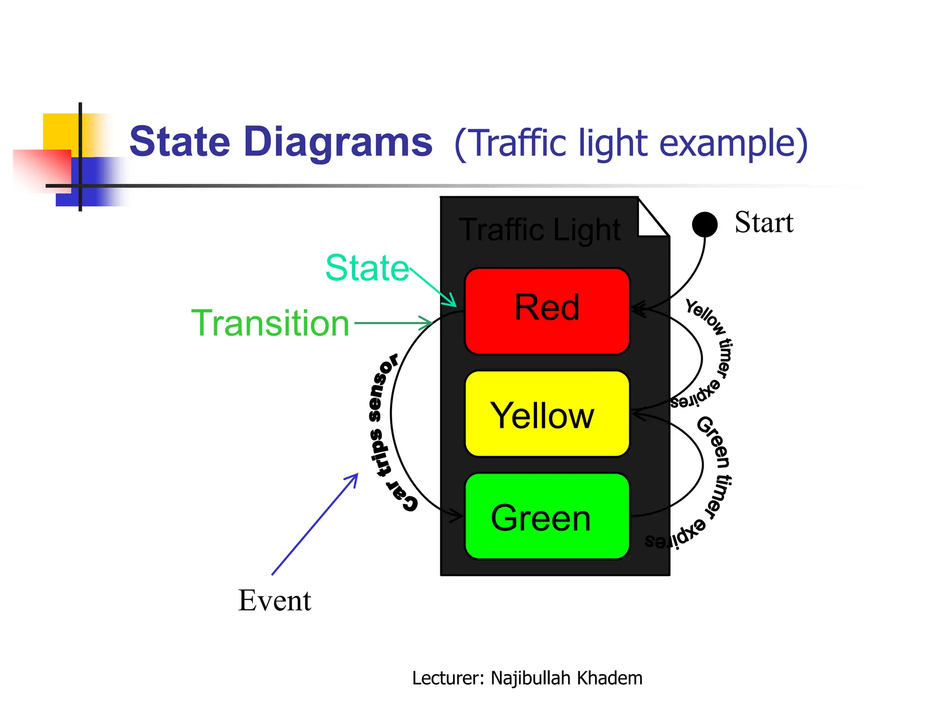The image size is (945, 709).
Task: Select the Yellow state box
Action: (547, 414)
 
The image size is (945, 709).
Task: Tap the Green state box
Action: (547, 517)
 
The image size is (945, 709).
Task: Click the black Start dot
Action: (705, 224)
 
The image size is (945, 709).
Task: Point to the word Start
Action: (764, 223)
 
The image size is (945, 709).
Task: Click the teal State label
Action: (367, 268)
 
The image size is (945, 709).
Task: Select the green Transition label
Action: (270, 323)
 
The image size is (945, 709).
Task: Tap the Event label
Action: (275, 601)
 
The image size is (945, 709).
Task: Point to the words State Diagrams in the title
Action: (281, 142)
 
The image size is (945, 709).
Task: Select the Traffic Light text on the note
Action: (540, 230)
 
